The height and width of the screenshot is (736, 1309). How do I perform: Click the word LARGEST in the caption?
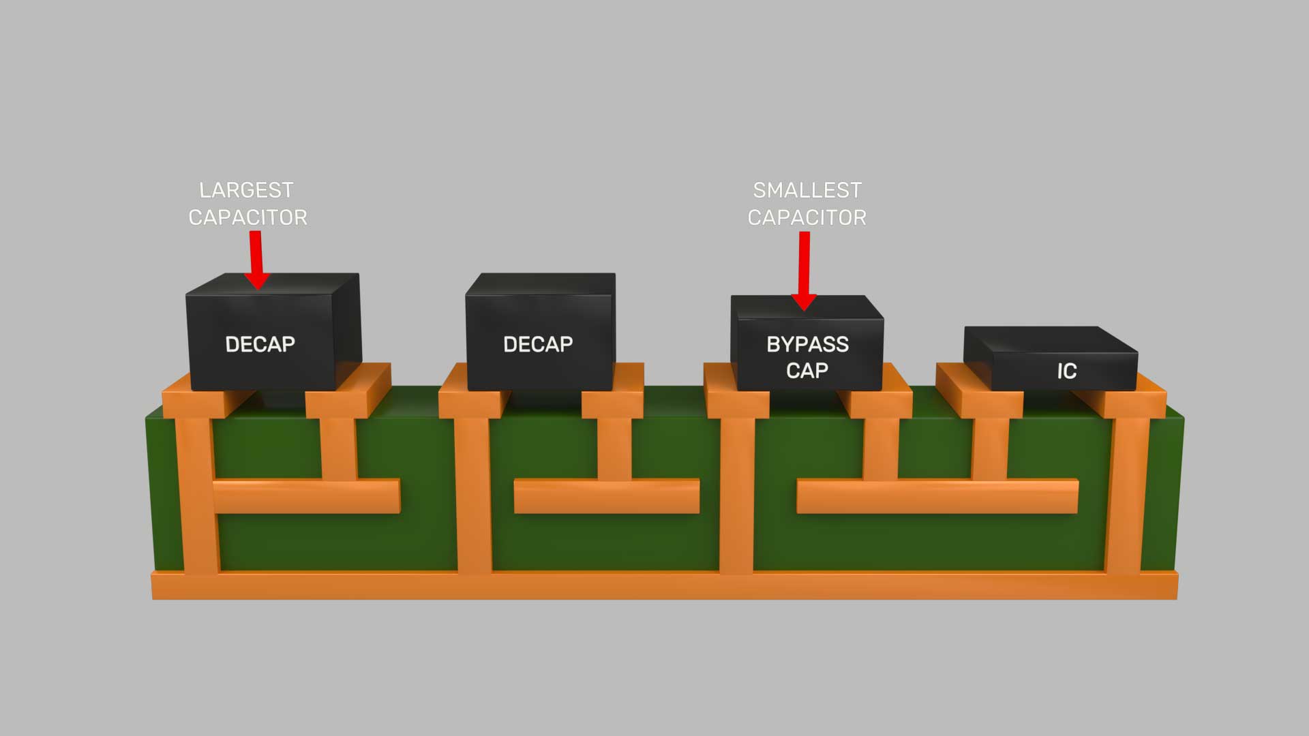tap(246, 189)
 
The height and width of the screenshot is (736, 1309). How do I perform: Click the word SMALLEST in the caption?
tap(807, 189)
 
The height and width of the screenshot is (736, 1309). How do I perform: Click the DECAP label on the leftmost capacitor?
tap(260, 344)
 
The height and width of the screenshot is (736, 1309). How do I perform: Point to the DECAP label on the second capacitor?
tap(538, 344)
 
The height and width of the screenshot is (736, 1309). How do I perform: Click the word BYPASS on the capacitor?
tap(807, 344)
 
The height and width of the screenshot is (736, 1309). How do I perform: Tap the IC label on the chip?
tap(1066, 371)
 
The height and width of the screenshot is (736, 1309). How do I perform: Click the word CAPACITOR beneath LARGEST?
tap(247, 217)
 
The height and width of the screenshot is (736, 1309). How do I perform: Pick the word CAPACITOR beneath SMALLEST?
tap(807, 217)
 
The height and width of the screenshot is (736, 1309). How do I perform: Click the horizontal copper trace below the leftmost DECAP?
tap(307, 495)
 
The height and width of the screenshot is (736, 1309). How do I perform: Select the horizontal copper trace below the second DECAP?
tap(606, 495)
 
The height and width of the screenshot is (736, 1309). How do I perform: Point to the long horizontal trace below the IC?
tap(937, 495)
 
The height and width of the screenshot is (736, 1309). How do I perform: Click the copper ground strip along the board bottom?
tap(665, 586)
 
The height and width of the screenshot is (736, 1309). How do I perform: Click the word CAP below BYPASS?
tap(807, 370)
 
